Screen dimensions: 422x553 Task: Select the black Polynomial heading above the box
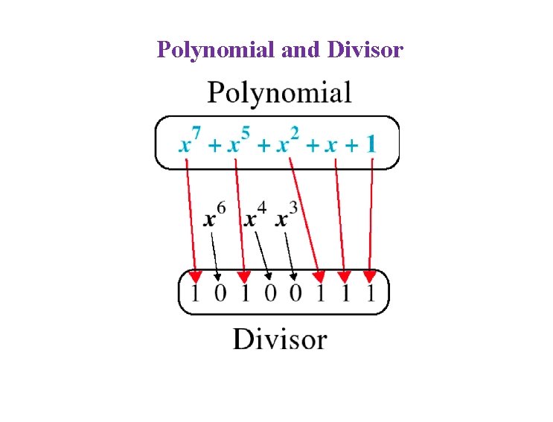pos(279,95)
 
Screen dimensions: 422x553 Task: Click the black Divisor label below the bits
pos(279,339)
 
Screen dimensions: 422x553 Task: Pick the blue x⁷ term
pos(190,141)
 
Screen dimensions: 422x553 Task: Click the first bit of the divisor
pos(195,293)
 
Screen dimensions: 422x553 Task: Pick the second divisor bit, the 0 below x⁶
pos(220,293)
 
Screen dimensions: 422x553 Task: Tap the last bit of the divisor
pos(371,293)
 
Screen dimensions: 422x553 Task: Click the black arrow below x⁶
pos(214,253)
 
